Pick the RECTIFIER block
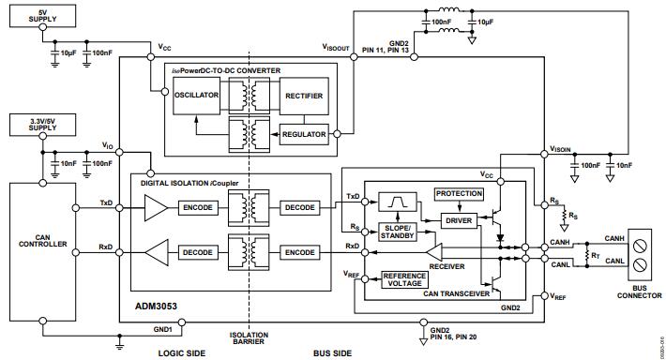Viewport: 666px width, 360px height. (x=306, y=95)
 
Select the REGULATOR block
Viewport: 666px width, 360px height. (x=305, y=134)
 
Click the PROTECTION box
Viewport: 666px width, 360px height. (x=459, y=193)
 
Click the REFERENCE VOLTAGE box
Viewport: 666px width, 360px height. (x=405, y=280)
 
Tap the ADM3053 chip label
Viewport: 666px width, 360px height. (x=152, y=306)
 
